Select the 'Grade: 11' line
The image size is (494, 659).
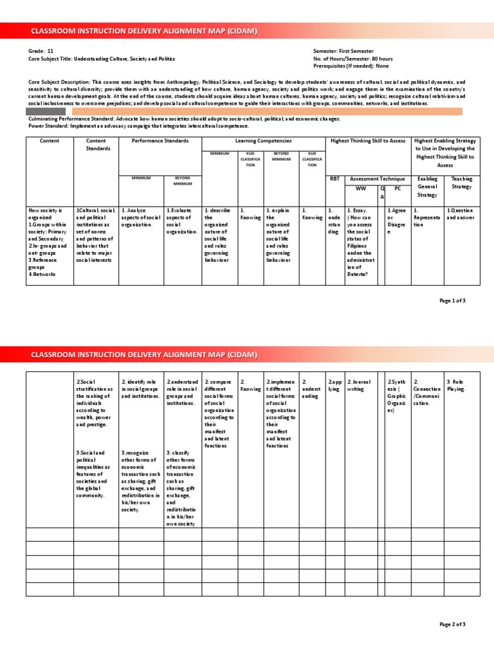pyautogui.click(x=37, y=50)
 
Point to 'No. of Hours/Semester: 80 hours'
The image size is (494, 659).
pyautogui.click(x=352, y=58)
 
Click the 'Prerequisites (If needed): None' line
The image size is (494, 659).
pyautogui.click(x=351, y=66)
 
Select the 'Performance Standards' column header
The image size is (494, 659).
pyautogui.click(x=160, y=140)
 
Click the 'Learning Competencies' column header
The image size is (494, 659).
pyautogui.click(x=263, y=140)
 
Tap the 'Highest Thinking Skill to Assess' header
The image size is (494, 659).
pyautogui.click(x=368, y=140)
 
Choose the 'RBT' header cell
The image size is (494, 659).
pyautogui.click(x=334, y=179)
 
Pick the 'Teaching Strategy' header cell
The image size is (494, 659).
pyautogui.click(x=461, y=183)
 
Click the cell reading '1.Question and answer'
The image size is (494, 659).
pyautogui.click(x=461, y=214)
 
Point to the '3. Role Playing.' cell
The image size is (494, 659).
pyautogui.click(x=455, y=385)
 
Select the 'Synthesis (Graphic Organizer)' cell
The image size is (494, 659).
pyautogui.click(x=397, y=396)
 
